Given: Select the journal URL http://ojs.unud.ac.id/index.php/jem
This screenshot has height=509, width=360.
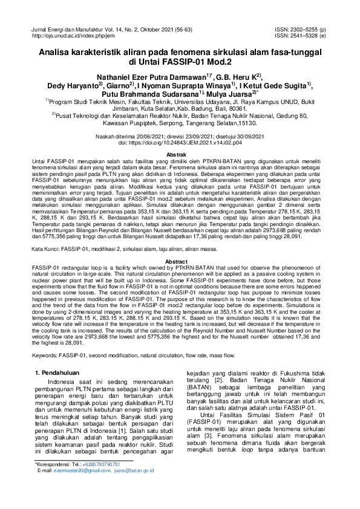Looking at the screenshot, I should click(74, 36).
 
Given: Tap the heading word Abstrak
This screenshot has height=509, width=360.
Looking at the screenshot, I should click(180, 155).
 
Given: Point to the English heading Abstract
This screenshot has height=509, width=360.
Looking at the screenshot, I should click(180, 261).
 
